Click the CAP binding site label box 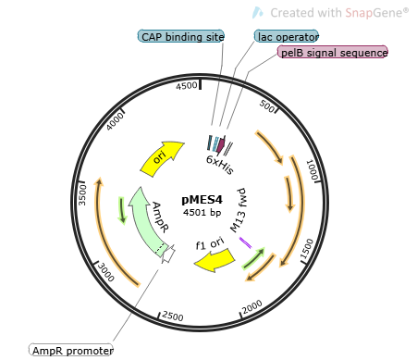pos(182,36)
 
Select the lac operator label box pos(287,36)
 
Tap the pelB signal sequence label pos(333,53)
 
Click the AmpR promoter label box pos(71,351)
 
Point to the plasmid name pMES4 pos(202,198)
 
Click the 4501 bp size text pos(202,213)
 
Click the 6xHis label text pos(220,161)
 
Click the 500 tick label pos(269,106)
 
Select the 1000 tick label pos(313,168)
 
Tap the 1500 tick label pos(306,246)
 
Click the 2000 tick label pos(252,307)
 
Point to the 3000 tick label pos(107,272)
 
